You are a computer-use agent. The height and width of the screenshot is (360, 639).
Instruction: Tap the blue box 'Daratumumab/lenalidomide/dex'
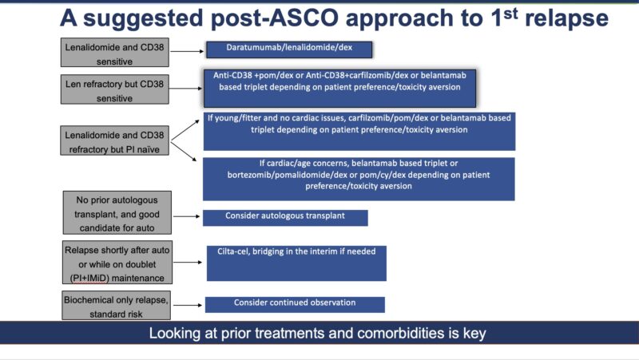(x=289, y=49)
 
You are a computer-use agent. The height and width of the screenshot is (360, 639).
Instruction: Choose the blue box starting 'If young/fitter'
(x=359, y=131)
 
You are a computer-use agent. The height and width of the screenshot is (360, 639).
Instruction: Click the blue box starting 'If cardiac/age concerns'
(x=359, y=178)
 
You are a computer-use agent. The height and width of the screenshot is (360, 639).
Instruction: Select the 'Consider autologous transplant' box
(x=285, y=217)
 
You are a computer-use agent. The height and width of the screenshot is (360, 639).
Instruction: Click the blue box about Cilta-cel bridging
(x=296, y=263)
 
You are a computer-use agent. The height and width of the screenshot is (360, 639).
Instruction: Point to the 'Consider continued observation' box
(x=295, y=304)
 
